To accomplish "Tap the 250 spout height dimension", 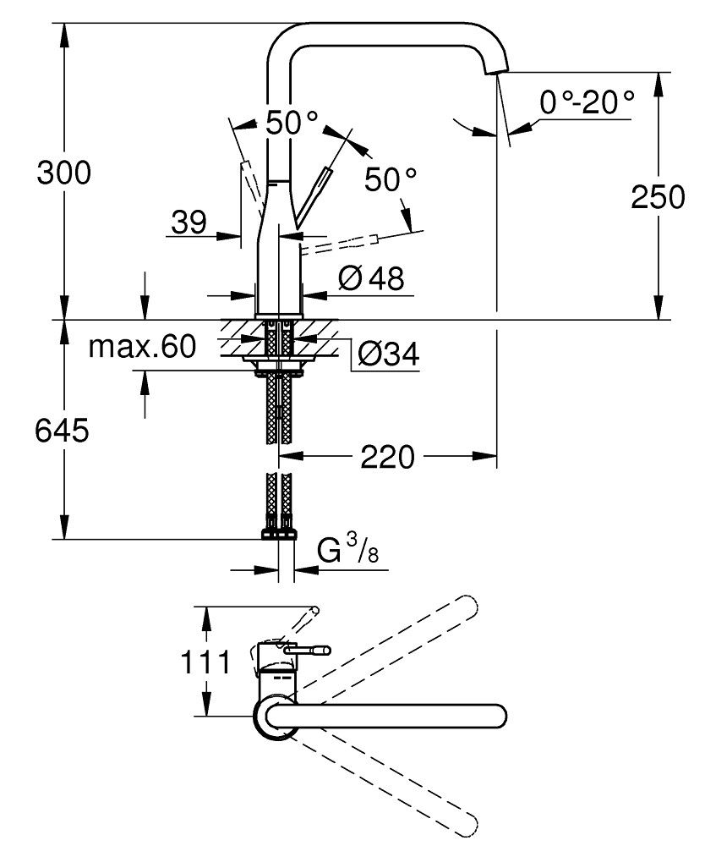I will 657,196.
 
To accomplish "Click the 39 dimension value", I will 188,222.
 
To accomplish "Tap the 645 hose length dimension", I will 61,431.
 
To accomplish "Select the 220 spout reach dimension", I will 387,458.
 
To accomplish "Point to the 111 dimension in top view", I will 203,662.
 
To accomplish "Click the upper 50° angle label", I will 292,124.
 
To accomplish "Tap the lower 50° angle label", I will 391,179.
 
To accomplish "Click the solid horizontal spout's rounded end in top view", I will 496,716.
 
